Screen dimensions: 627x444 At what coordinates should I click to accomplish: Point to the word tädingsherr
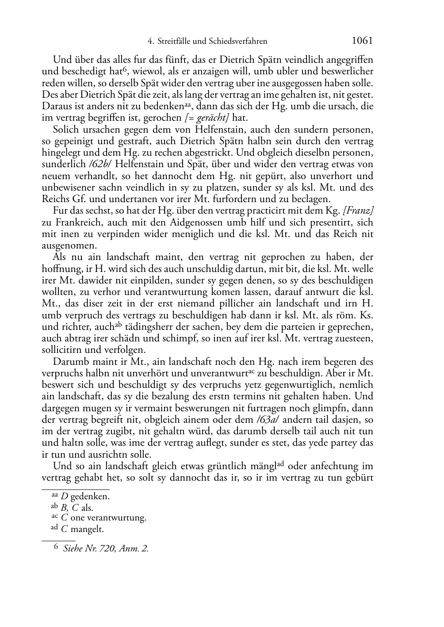(x=150, y=327)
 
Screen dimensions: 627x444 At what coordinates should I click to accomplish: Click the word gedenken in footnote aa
(x=90, y=497)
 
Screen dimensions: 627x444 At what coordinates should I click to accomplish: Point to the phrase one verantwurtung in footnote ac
(x=108, y=518)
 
